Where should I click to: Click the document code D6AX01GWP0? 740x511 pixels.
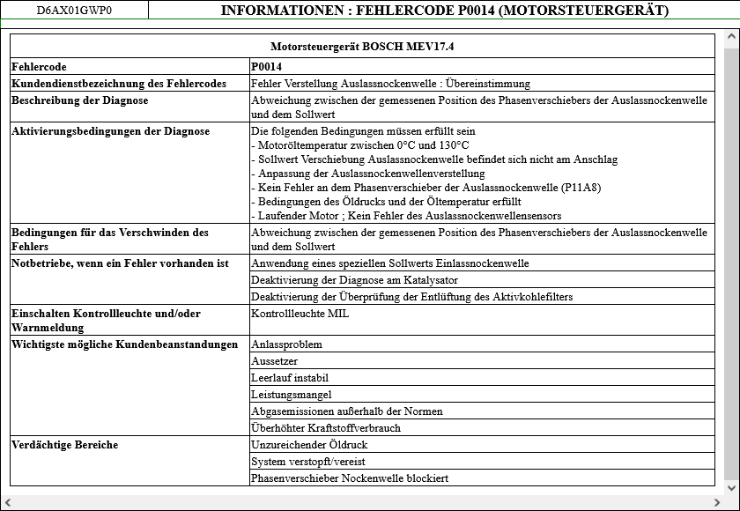tap(74, 11)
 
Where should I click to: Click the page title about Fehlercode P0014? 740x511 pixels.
tap(444, 11)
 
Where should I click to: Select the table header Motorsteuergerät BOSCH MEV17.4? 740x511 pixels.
tap(362, 46)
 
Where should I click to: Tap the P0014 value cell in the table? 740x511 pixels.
tap(266, 66)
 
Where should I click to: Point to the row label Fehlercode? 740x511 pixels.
tap(39, 66)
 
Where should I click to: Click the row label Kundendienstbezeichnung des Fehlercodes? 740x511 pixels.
tap(118, 83)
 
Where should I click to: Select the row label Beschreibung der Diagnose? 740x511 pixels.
tap(79, 100)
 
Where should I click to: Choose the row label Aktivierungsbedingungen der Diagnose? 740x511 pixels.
tap(110, 131)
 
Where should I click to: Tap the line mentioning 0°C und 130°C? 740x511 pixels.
tap(363, 144)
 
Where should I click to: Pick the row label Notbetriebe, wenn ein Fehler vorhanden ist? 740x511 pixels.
tap(120, 263)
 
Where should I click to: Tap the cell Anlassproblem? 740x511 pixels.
tap(286, 344)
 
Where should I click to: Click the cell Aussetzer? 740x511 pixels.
tap(274, 360)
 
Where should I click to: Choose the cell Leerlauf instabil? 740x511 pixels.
tap(289, 377)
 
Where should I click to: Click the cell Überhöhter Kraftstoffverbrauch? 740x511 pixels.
tap(325, 427)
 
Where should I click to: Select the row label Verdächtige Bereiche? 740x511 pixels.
tap(64, 444)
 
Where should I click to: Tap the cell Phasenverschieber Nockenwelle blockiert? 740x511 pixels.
tap(350, 478)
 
